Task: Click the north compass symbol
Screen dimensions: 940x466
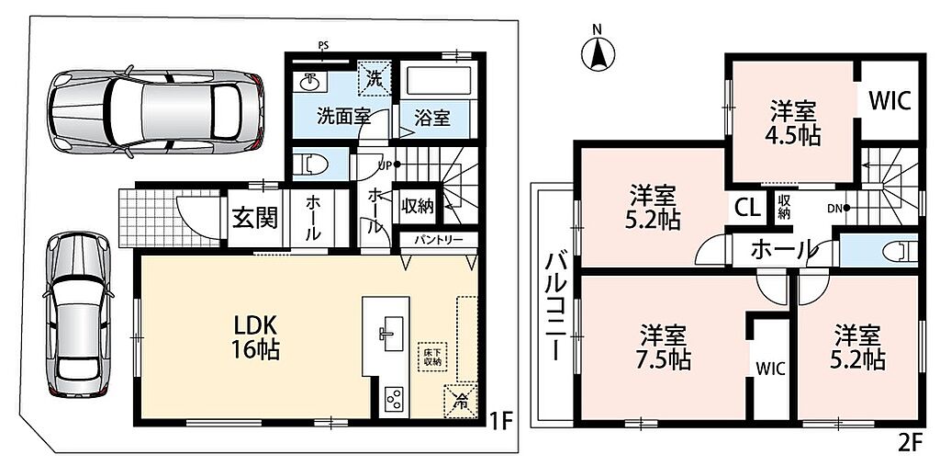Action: [x=599, y=52]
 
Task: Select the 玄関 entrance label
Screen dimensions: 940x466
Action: [x=255, y=220]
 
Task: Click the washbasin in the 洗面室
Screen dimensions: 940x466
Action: [x=309, y=81]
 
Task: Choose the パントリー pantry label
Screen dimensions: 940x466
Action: [x=440, y=240]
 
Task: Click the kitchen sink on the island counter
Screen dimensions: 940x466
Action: [x=386, y=332]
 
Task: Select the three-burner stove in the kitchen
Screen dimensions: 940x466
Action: [x=393, y=398]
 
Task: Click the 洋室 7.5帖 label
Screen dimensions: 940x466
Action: [x=664, y=347]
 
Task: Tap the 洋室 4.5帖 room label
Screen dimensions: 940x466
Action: [x=793, y=123]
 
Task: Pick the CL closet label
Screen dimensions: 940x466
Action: [x=747, y=209]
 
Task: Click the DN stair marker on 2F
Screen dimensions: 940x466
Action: [x=839, y=209]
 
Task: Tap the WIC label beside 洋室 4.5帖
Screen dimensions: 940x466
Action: [x=890, y=101]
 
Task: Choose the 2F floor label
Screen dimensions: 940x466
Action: [x=909, y=443]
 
